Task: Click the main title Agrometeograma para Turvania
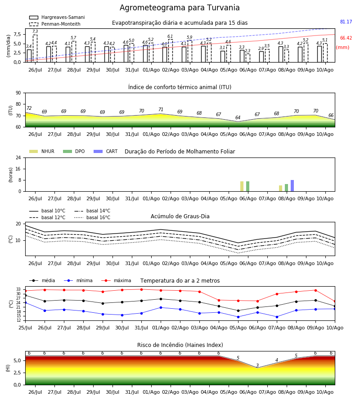coord(180,8)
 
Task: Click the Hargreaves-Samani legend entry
coord(57,17)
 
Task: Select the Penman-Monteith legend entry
coord(55,24)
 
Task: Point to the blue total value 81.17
coord(346,22)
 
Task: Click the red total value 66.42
coord(346,38)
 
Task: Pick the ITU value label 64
coord(238,117)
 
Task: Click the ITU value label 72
coord(29,108)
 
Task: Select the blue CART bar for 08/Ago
coord(292,186)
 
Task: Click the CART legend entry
coord(106,151)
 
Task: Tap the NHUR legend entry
coord(42,151)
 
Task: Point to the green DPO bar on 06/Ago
coord(247,186)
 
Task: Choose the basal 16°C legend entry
coord(92,217)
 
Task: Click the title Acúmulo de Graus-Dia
coord(180,216)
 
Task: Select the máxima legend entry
coord(116,280)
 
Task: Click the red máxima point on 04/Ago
coord(219,300)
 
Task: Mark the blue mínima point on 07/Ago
coord(277,317)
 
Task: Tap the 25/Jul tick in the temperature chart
coord(25,328)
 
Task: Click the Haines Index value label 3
coord(257,365)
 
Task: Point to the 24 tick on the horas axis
coord(18,157)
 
